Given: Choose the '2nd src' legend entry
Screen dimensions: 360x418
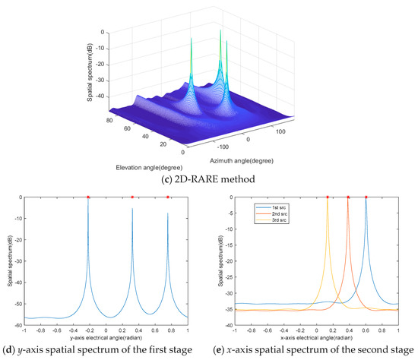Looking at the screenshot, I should (263, 213).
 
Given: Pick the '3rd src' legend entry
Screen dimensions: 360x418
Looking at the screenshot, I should (263, 220).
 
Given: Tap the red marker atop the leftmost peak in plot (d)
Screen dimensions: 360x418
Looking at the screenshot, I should (87, 197).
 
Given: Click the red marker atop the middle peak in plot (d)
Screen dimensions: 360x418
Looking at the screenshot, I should (132, 197).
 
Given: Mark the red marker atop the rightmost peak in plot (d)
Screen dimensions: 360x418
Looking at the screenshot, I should (168, 197).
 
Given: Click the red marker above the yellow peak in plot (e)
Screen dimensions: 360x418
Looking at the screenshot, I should (328, 197).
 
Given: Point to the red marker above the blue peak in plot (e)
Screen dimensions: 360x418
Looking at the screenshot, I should (366, 197).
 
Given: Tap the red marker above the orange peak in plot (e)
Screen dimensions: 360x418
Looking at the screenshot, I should (348, 197).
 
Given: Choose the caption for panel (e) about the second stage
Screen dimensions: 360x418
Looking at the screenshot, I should (316, 351).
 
